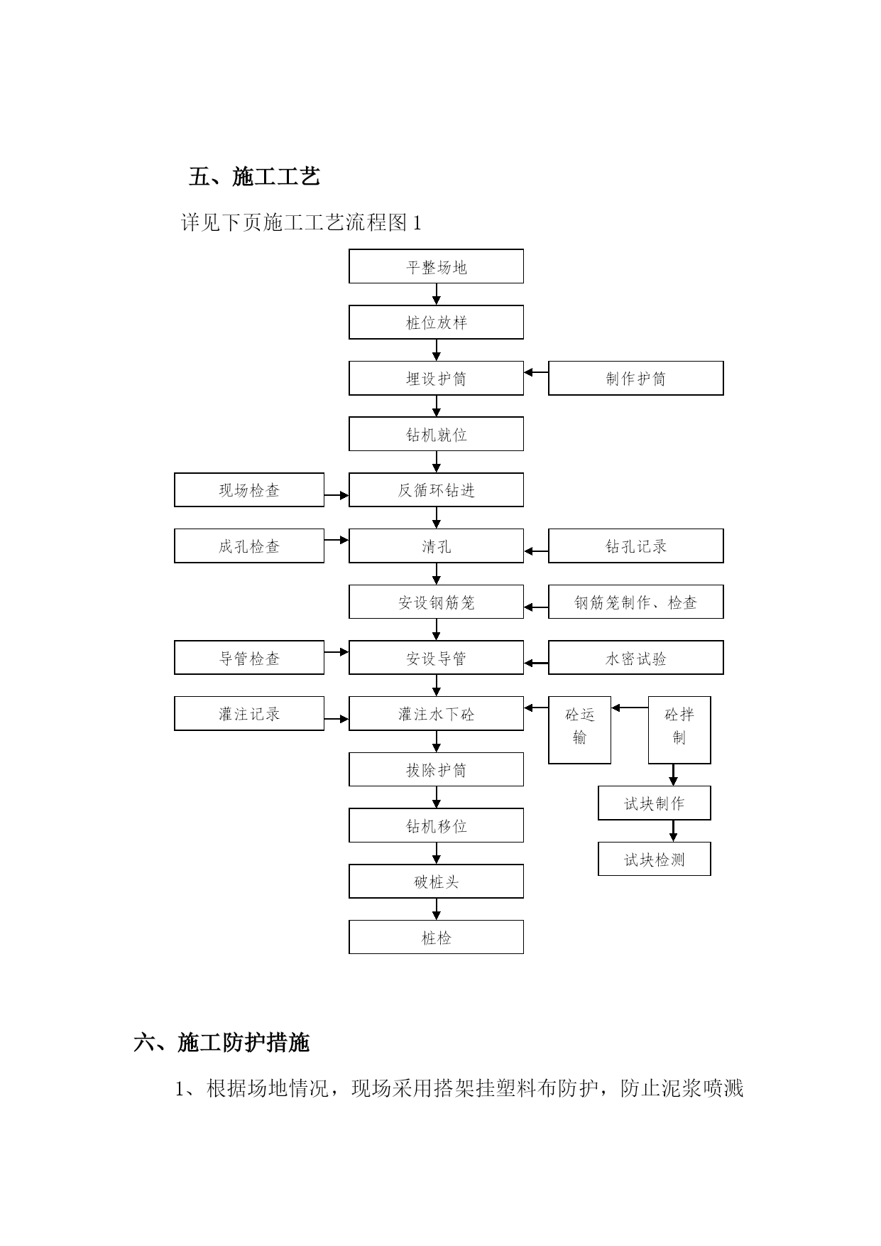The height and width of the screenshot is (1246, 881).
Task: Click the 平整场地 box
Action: point(436,266)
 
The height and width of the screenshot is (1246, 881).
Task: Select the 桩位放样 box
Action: point(436,323)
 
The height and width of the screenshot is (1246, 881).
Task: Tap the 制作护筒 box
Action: point(636,378)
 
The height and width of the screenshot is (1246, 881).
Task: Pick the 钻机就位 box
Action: point(436,434)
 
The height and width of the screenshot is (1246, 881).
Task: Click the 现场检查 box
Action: point(249,490)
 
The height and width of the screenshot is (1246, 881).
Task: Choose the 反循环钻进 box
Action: point(436,490)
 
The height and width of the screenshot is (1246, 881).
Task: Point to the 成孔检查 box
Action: point(249,546)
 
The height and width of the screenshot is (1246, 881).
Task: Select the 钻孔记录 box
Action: point(636,546)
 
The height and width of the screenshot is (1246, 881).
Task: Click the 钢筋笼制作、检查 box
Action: point(636,602)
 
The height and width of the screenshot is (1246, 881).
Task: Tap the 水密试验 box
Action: point(636,658)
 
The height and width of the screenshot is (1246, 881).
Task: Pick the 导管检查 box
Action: point(249,658)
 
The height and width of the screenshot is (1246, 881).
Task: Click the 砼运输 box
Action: point(579,730)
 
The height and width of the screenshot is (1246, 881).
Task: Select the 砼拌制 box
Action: point(679,730)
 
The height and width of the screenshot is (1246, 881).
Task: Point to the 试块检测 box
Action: point(655,859)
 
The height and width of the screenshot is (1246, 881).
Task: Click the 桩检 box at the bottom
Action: point(436,937)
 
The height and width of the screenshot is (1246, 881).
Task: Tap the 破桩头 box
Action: point(436,882)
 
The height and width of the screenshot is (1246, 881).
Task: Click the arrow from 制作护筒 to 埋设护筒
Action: point(536,372)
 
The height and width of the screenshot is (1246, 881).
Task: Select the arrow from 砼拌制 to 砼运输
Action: point(630,708)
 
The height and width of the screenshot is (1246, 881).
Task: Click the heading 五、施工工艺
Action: point(254,176)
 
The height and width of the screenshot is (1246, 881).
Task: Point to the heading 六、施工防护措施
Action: point(221,1043)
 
